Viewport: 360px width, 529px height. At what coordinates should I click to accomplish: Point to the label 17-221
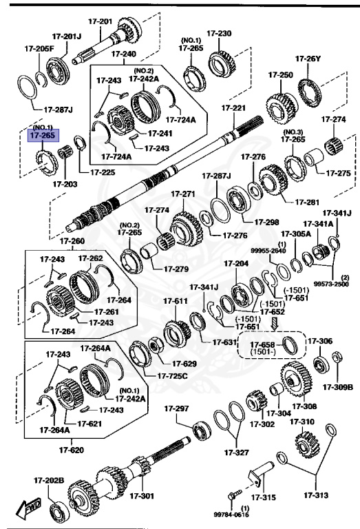pos(233,109)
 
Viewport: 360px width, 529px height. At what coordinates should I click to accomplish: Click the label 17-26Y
pos(308,59)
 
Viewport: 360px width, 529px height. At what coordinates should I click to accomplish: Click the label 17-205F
pos(27,48)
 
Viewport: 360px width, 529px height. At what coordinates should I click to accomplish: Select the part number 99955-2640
pos(281,251)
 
